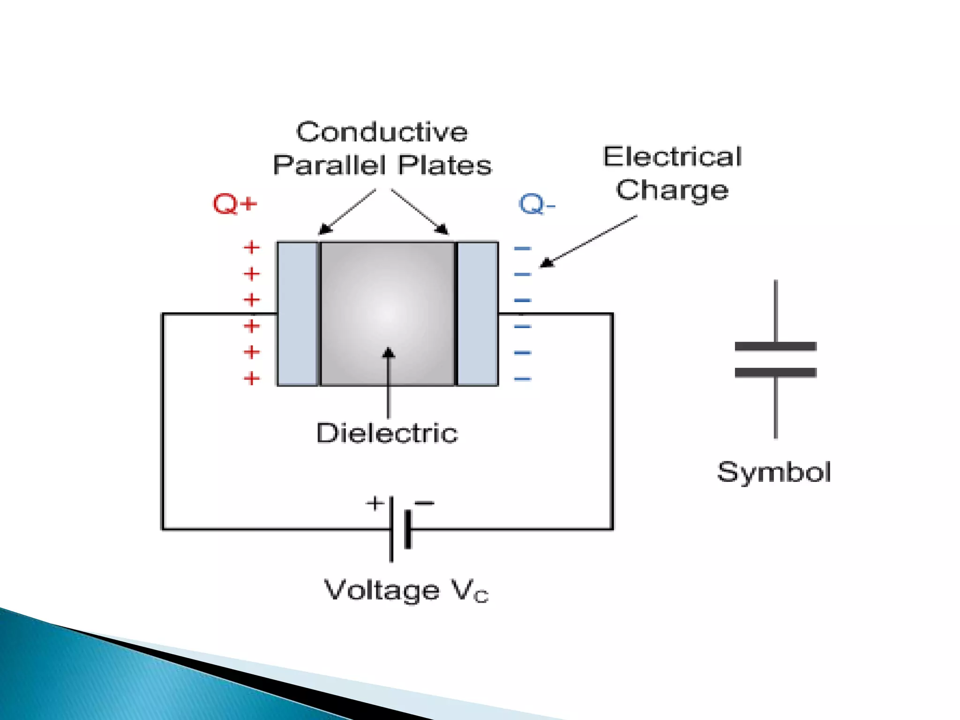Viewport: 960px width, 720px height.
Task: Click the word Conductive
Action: [x=382, y=132]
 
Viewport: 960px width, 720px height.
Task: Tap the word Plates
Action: [x=444, y=165]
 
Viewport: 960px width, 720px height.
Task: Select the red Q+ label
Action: [x=235, y=204]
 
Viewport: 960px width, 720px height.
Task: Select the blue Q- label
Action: [x=536, y=204]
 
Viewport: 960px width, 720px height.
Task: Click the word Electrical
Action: [x=672, y=157]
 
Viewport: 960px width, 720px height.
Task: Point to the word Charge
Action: [x=672, y=190]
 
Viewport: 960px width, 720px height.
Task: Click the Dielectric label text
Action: [x=387, y=433]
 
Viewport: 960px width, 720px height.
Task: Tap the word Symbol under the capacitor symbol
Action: [x=773, y=472]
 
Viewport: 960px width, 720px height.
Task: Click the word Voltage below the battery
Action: [x=382, y=590]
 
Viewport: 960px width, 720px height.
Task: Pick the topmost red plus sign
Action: [x=252, y=247]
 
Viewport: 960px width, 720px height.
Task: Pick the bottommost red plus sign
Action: [x=252, y=378]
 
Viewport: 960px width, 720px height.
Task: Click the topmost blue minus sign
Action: [x=522, y=248]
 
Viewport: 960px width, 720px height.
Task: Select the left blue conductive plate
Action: [x=297, y=314]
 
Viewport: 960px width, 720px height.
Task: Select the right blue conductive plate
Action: [x=477, y=314]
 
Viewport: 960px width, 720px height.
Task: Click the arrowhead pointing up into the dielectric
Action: [x=388, y=353]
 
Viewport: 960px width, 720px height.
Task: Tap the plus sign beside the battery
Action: [x=375, y=503]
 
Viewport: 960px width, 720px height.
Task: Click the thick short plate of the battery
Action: [x=408, y=529]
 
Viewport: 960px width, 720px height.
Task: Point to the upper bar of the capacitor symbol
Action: [x=775, y=346]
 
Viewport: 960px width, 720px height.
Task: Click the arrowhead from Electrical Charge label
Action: [x=547, y=263]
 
